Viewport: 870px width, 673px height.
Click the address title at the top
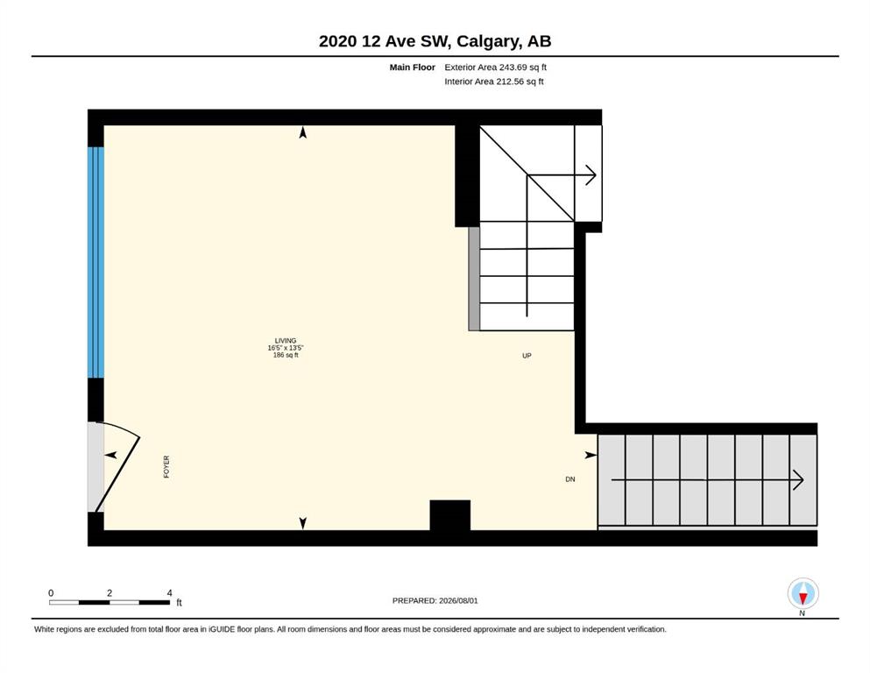(435, 41)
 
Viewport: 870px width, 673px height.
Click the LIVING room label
(286, 341)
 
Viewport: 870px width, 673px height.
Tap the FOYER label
(166, 466)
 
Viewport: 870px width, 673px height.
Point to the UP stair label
(527, 356)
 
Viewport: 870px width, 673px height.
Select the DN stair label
(569, 479)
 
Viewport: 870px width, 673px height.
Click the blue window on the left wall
(96, 262)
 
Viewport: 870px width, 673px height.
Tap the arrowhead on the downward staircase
(798, 480)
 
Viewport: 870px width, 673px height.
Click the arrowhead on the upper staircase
(591, 176)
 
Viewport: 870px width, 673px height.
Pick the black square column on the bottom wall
(450, 515)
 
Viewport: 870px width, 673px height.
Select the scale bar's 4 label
(169, 593)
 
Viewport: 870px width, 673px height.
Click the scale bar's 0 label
(51, 593)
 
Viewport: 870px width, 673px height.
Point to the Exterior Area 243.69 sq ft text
(496, 67)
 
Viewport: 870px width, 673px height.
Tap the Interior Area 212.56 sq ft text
(494, 81)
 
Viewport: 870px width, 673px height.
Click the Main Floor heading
(413, 67)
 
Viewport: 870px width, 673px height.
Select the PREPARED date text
(435, 600)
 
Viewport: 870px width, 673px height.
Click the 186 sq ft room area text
(286, 355)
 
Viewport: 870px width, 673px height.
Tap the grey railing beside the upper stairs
(474, 279)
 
